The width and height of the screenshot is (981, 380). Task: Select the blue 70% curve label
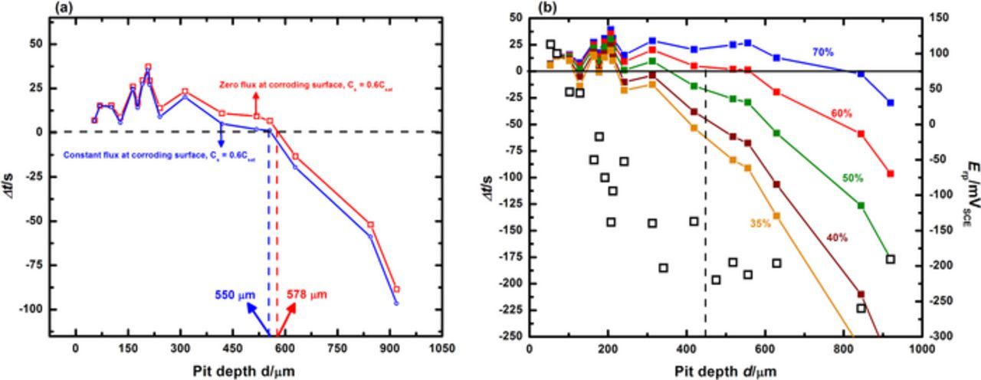(x=823, y=53)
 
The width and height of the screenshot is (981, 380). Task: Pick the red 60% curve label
(x=842, y=113)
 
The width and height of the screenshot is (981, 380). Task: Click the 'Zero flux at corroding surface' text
(x=269, y=84)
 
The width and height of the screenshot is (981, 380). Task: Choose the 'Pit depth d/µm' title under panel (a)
(x=243, y=370)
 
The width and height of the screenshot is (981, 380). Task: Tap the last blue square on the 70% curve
(x=890, y=103)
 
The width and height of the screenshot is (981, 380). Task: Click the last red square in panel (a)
(x=396, y=289)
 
